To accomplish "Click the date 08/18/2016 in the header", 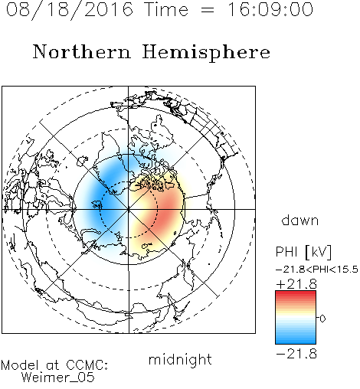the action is [x=70, y=10].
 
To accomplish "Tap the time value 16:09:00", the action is [x=270, y=9].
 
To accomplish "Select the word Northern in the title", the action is [x=82, y=51].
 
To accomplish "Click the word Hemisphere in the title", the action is [x=206, y=52].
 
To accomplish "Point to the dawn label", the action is [x=300, y=220].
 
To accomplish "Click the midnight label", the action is [x=180, y=359].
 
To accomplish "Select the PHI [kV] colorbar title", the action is [x=303, y=252].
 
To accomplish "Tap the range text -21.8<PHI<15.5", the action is [x=317, y=270].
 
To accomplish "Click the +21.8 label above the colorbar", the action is [x=296, y=284].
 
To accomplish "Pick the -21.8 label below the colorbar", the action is [x=296, y=354].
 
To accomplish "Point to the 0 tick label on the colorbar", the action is [x=322, y=319].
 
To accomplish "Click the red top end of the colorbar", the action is [x=296, y=293].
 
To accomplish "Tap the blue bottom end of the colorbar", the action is [x=296, y=342].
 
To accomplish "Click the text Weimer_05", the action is [x=58, y=378].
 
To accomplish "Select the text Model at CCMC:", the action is [x=54, y=365].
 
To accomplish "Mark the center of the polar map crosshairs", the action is [x=129, y=209].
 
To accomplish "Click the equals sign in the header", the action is [x=208, y=10].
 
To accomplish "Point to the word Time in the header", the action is [x=166, y=9].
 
